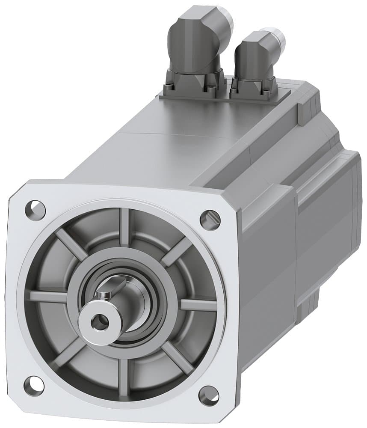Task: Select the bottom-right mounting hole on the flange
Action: pyautogui.click(x=209, y=395)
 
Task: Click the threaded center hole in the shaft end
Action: pyautogui.click(x=100, y=321)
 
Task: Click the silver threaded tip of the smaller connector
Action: pyautogui.click(x=276, y=36)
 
